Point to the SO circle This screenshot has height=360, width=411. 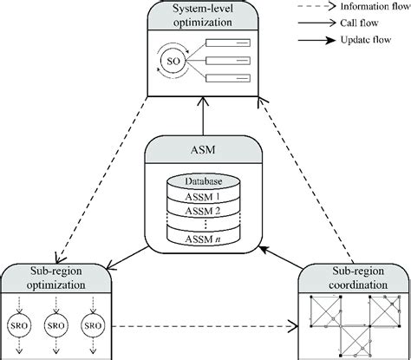[172, 62]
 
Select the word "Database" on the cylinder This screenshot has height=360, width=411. [205, 182]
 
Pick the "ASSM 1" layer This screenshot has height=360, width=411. [205, 196]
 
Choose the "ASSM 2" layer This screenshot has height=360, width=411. [205, 210]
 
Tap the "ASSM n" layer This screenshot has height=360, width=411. [205, 239]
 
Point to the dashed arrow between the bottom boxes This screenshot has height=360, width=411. [208, 327]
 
